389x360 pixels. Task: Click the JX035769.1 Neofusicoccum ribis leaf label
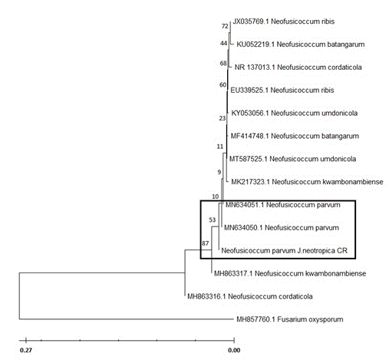[284, 21]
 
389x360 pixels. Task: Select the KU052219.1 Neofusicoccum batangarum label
[301, 45]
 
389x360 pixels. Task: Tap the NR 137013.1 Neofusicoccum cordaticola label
[298, 68]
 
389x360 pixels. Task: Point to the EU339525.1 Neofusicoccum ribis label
[282, 90]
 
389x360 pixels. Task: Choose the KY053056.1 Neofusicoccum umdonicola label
[295, 113]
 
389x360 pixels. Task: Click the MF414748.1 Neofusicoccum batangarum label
[295, 136]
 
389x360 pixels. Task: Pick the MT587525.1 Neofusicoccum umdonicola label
[292, 159]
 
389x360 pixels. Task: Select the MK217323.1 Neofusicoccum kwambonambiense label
[307, 182]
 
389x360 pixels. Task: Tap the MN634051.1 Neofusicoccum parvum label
[283, 205]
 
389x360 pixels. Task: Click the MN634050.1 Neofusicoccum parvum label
[282, 228]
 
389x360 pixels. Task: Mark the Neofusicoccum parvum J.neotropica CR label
[285, 250]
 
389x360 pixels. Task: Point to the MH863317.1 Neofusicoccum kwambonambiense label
[290, 273]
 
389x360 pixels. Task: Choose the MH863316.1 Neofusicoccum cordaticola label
[250, 296]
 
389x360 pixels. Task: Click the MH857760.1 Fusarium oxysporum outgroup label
[290, 319]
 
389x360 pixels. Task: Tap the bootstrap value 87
[205, 243]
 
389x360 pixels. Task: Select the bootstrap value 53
[213, 220]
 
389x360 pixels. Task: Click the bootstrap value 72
[225, 26]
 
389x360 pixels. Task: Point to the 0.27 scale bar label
[26, 350]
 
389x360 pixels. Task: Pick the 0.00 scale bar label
[234, 350]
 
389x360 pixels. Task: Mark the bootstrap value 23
[223, 118]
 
